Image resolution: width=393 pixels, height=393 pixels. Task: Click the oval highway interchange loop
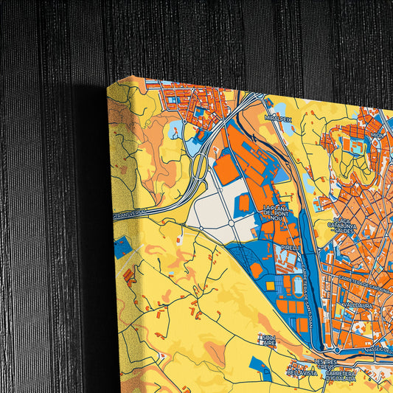199,166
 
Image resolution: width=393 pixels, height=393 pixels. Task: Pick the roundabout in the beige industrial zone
231,223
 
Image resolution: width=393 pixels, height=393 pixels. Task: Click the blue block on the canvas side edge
123,247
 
